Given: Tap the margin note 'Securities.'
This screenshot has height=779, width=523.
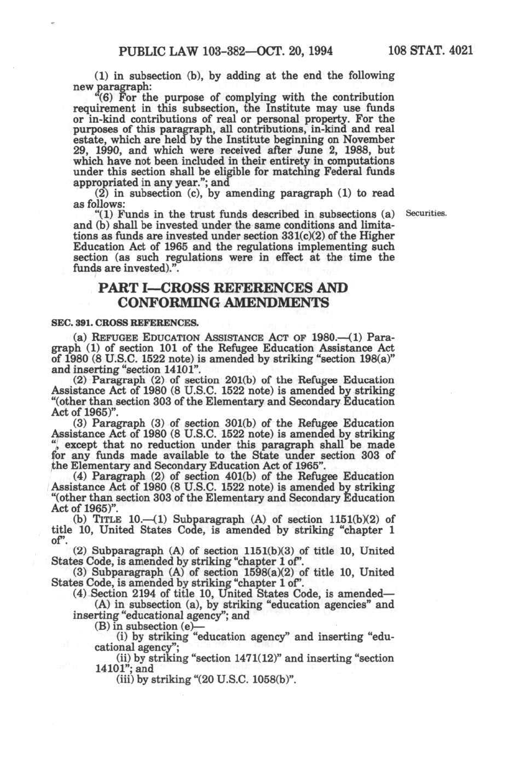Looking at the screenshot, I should [426, 213].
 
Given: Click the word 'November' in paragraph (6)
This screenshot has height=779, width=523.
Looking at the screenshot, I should [369, 139].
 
